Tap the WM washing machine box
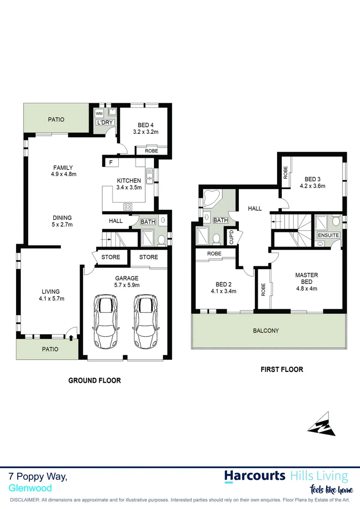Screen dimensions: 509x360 (99, 114)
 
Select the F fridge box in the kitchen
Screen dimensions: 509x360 (111, 162)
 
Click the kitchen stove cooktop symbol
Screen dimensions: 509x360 (128, 206)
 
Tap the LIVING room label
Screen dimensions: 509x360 (50, 292)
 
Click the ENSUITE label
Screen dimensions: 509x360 (328, 235)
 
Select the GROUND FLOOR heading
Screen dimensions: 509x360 (94, 380)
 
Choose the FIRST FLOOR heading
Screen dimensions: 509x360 (282, 369)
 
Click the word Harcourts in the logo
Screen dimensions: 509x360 (254, 476)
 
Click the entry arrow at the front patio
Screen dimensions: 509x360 (71, 337)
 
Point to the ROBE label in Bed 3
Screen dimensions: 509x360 (286, 172)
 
